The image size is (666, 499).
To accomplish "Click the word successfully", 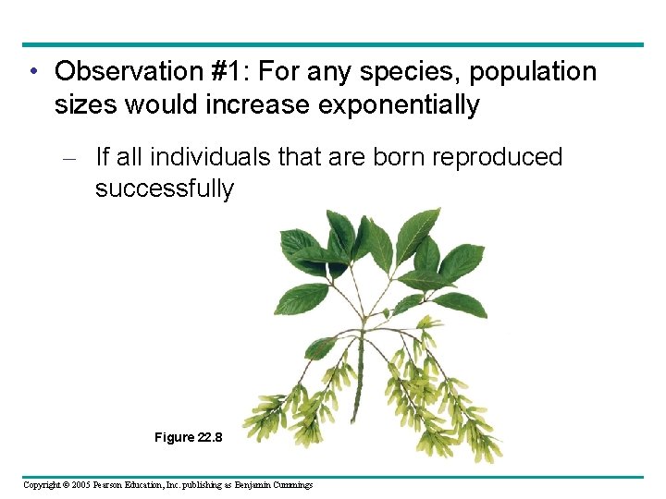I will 165,189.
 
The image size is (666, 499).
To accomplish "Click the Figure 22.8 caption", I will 188,437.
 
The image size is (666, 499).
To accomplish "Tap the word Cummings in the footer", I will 292,485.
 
